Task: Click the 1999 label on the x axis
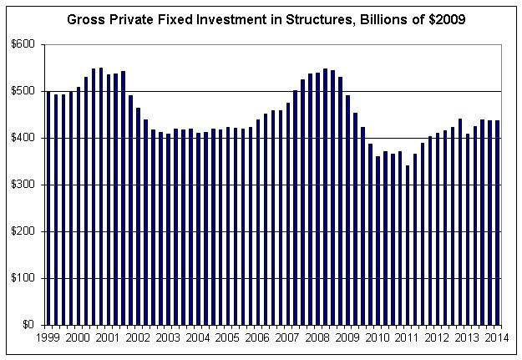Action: point(48,337)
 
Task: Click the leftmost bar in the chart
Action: point(48,208)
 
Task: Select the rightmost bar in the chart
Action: point(498,222)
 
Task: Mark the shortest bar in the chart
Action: point(408,245)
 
